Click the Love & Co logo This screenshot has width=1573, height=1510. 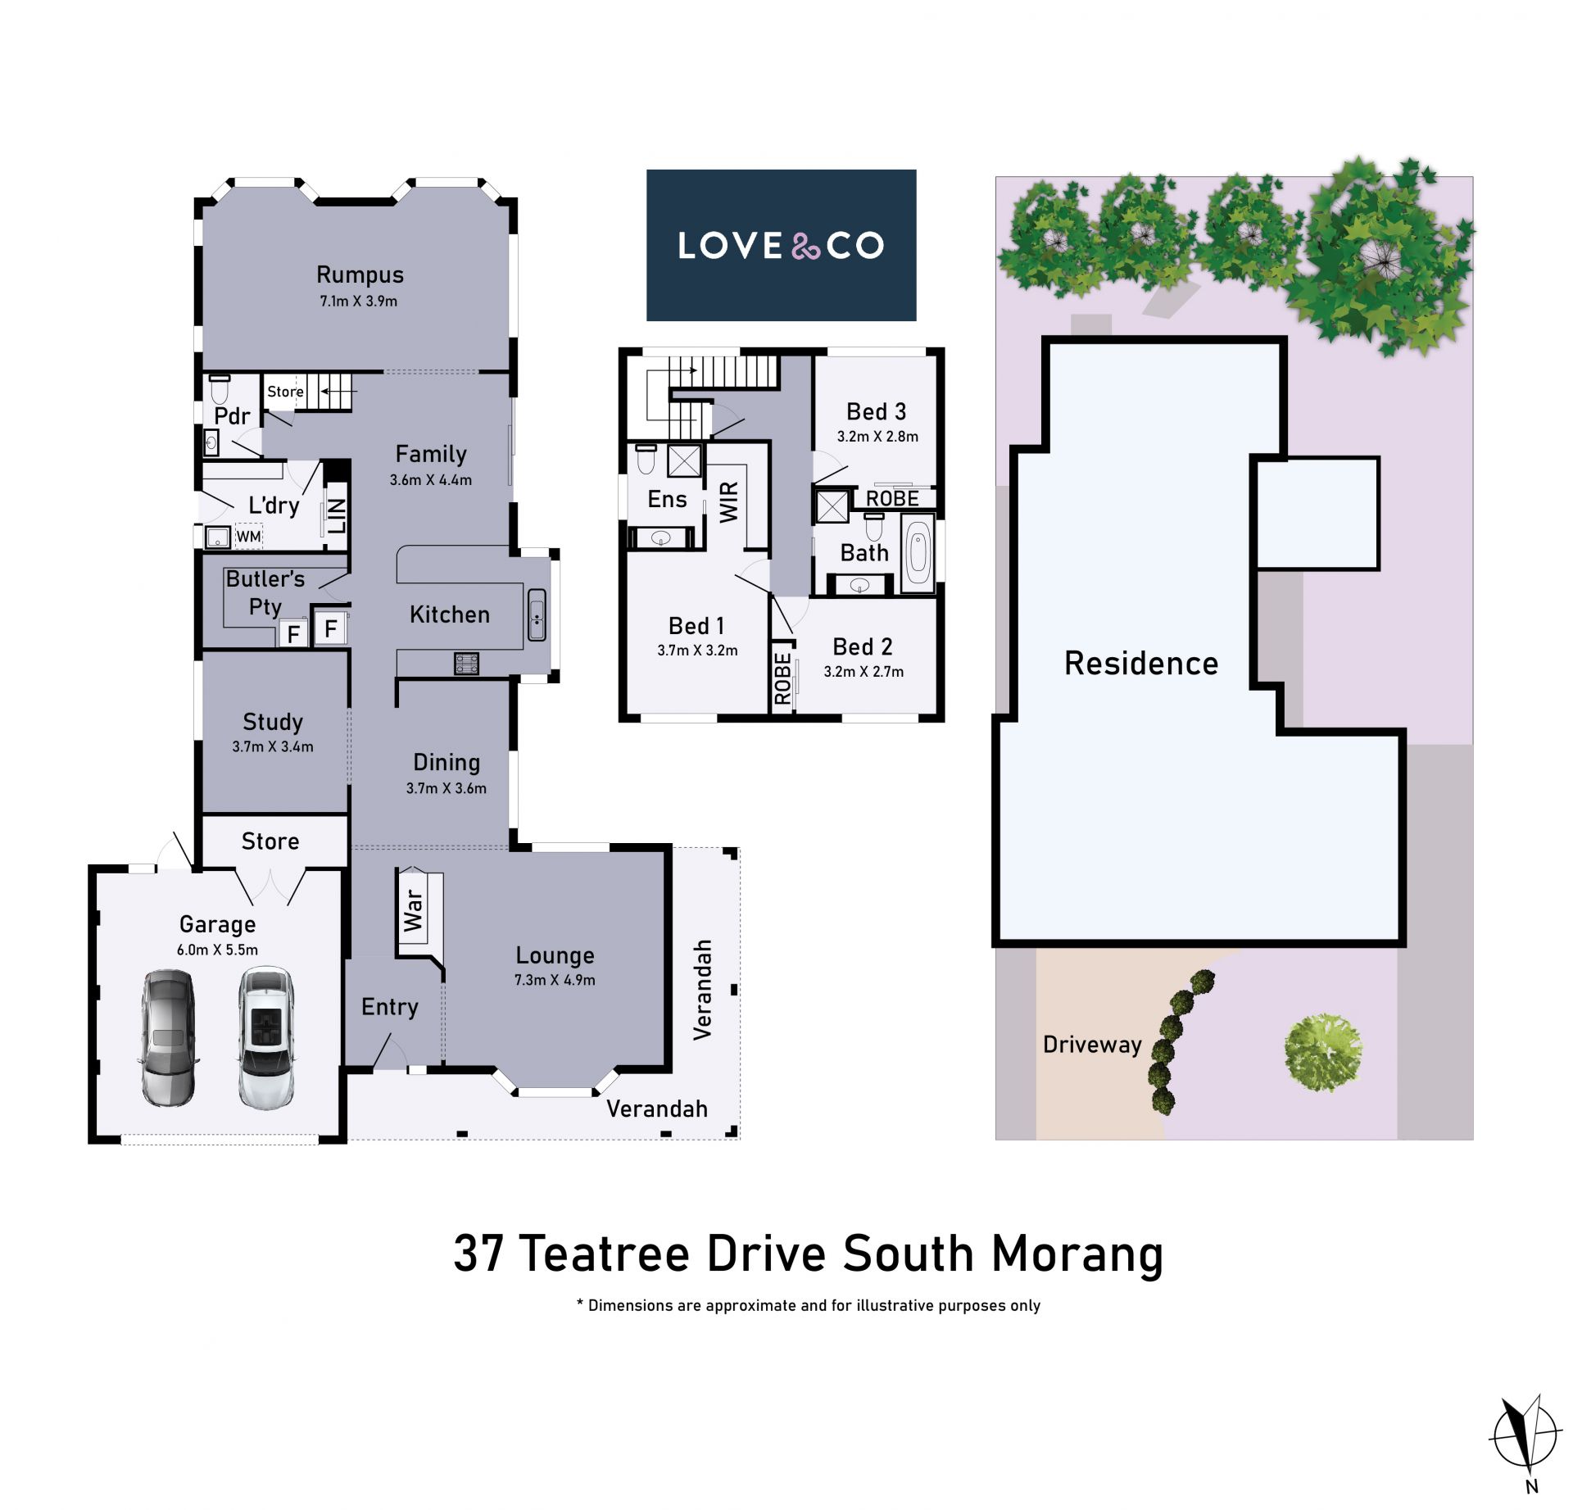click(x=781, y=245)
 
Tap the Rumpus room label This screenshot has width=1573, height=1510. click(x=360, y=275)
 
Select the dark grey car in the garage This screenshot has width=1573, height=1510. click(x=168, y=1038)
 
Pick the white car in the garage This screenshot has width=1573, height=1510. click(x=265, y=1038)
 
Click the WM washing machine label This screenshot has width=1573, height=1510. click(x=248, y=537)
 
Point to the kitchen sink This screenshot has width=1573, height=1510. click(x=537, y=614)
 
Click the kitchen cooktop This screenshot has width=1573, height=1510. click(x=466, y=663)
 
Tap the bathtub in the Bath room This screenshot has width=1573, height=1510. click(x=918, y=554)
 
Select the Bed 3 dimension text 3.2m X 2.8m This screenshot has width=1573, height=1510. click(x=877, y=437)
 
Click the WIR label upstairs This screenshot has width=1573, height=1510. click(x=729, y=501)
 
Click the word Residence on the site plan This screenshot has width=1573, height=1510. click(x=1141, y=663)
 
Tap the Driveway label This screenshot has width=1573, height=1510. click(x=1092, y=1045)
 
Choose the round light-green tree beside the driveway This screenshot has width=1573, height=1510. click(x=1322, y=1052)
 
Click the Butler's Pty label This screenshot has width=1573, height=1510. click(x=265, y=592)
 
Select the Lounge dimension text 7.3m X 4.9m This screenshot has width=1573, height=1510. click(x=555, y=980)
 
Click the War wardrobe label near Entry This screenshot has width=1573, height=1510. click(x=413, y=910)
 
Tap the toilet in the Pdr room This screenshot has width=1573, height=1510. click(x=219, y=389)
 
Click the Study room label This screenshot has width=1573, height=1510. click(x=273, y=722)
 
